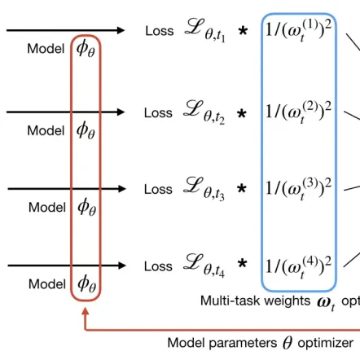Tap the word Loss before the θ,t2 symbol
coord(158,112)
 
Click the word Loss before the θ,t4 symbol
coord(158,266)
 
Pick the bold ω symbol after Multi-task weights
coord(325,301)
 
